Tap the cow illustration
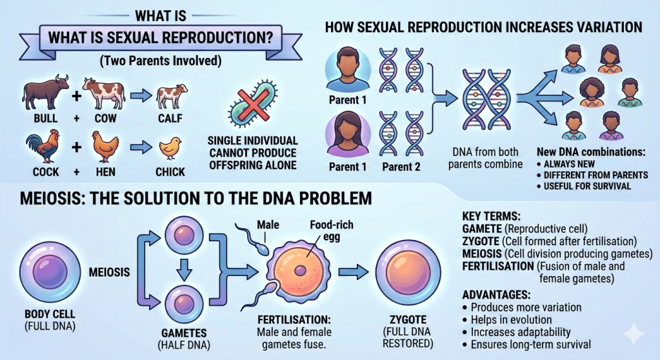(x=103, y=94)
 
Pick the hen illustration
(x=103, y=147)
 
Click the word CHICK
(x=170, y=172)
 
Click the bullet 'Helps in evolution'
(x=511, y=319)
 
